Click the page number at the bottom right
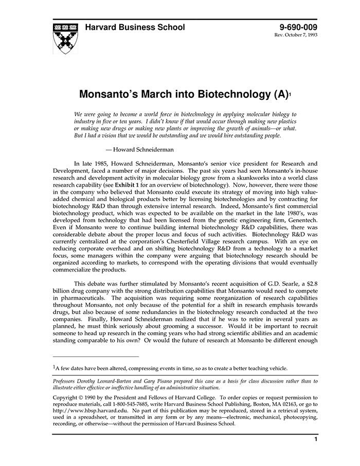315,440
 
